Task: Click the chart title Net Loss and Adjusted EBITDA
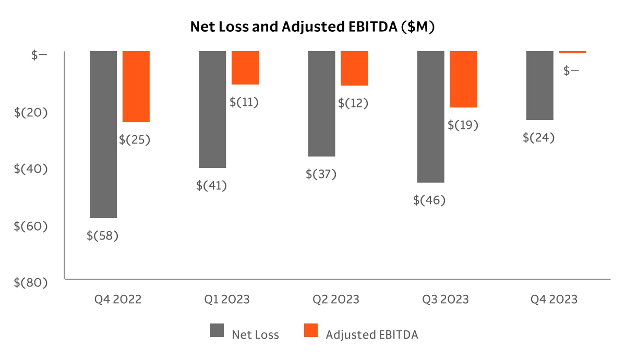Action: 312,27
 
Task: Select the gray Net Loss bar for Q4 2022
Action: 103,134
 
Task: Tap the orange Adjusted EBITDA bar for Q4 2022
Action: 136,87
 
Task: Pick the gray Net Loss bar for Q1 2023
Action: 212,110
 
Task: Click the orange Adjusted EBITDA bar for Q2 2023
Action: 354,68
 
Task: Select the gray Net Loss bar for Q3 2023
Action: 431,117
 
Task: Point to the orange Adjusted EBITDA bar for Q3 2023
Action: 464,79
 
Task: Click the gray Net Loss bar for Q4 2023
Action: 539,86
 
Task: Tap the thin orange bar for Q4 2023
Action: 572,52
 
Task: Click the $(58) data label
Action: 103,236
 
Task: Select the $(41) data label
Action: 212,185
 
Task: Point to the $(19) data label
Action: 463,125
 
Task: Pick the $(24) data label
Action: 539,138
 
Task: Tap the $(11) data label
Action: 244,102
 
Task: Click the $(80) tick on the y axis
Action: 31,282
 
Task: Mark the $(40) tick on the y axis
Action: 31,169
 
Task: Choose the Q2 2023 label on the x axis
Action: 336,299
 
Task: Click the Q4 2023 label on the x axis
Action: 554,299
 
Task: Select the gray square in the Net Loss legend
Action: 217,331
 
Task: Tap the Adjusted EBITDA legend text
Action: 372,335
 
